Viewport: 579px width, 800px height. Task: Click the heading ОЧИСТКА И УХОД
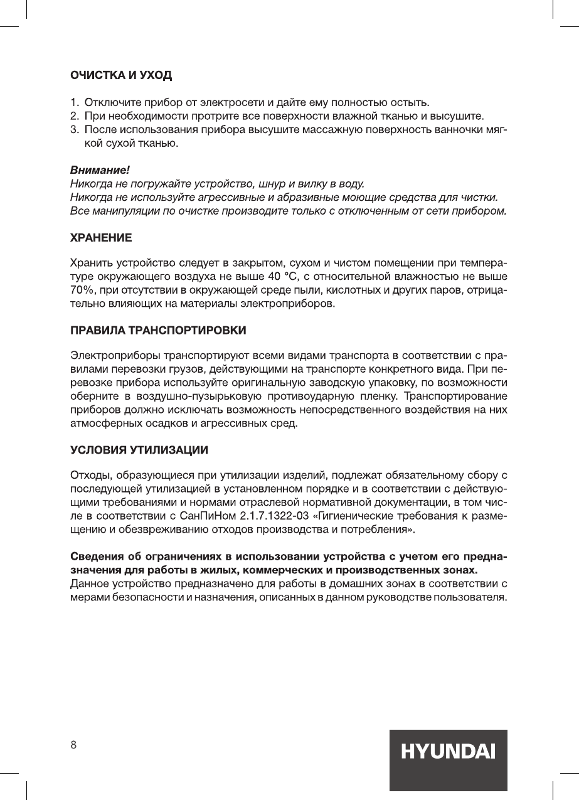120,76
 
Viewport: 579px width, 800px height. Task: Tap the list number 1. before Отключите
73,102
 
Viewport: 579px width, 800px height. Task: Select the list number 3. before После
73,130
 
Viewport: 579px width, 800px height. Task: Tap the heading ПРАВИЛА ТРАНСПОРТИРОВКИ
157,330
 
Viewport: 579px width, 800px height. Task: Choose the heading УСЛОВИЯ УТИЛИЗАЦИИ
139,451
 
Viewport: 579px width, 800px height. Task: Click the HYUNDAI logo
449,752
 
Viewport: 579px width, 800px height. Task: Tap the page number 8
73,745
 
